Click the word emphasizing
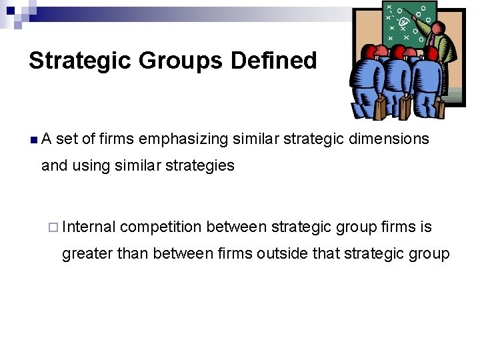point(183,139)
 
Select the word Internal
point(89,227)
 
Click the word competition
point(161,227)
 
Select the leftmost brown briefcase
point(379,109)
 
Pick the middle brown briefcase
point(406,107)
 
